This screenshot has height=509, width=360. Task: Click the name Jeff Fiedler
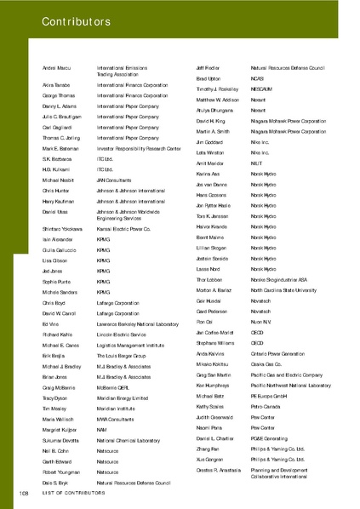209,66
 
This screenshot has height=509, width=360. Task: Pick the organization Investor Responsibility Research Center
139,148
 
